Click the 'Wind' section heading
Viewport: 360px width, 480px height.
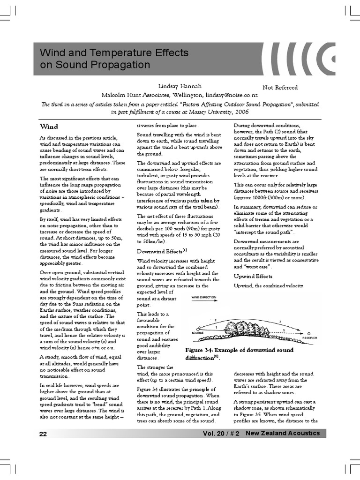pyautogui.click(x=49, y=127)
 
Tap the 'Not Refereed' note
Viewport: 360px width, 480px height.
pyautogui.click(x=280, y=87)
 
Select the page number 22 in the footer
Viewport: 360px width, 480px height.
pyautogui.click(x=43, y=434)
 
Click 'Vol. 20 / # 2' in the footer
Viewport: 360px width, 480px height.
pyautogui.click(x=221, y=434)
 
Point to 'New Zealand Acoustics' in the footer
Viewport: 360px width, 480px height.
pyautogui.click(x=283, y=433)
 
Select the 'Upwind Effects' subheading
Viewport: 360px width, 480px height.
pyautogui.click(x=253, y=276)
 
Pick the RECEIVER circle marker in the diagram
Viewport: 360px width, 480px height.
pyautogui.click(x=308, y=333)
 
